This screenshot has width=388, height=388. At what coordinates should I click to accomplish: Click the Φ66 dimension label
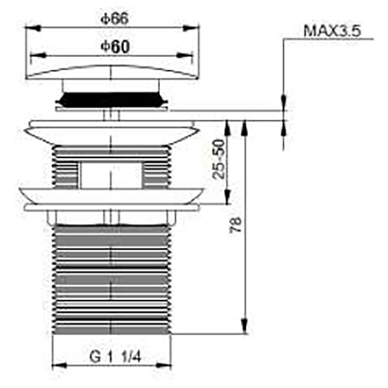[115, 19]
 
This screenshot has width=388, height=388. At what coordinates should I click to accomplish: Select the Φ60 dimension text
[115, 46]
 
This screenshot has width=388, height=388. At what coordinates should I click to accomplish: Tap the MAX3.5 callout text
[332, 31]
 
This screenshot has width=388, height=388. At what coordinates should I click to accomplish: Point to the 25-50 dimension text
[220, 159]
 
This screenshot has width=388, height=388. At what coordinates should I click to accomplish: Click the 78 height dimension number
[236, 224]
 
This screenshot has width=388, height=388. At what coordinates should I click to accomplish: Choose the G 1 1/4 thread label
[115, 357]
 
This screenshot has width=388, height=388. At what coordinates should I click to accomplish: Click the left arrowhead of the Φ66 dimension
[33, 28]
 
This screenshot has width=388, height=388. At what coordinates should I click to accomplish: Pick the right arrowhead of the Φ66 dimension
[191, 28]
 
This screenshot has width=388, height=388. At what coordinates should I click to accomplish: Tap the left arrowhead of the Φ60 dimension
[38, 56]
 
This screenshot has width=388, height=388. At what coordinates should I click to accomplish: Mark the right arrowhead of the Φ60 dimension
[185, 56]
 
